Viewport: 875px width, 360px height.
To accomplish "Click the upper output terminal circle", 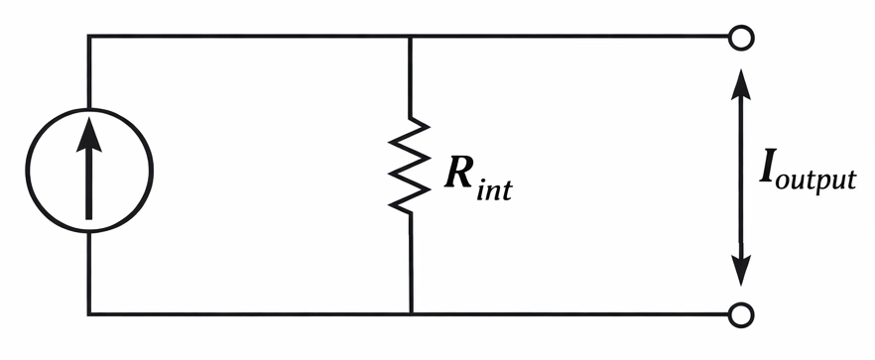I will click(x=739, y=38).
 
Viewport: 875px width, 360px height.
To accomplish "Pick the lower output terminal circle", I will click(x=739, y=314).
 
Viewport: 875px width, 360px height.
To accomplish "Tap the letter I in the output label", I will click(x=768, y=175).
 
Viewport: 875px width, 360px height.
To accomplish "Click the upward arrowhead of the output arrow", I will click(x=739, y=81).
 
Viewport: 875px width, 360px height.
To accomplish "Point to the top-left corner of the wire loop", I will click(x=88, y=38).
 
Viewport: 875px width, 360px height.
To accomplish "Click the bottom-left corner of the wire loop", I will click(x=88, y=314).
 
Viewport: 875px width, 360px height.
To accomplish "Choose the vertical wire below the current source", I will click(x=88, y=278).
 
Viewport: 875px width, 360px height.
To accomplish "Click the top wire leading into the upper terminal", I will click(x=575, y=38).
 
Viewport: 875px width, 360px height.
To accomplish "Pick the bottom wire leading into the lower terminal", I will click(x=575, y=314).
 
